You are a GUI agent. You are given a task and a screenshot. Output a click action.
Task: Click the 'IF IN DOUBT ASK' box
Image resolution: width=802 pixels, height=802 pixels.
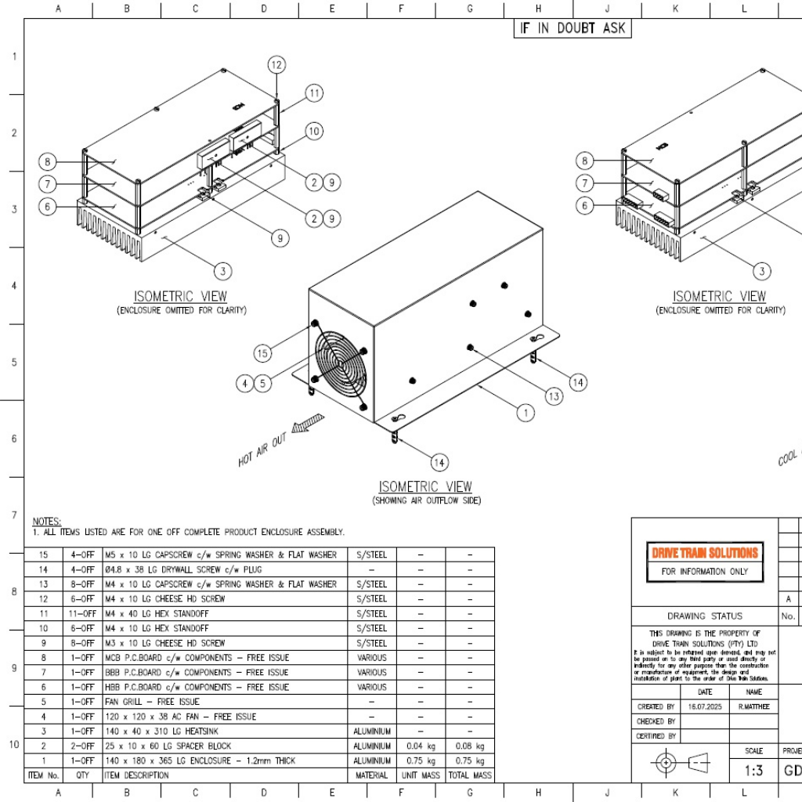(571, 27)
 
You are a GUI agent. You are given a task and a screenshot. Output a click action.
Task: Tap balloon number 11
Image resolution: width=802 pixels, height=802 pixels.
(314, 93)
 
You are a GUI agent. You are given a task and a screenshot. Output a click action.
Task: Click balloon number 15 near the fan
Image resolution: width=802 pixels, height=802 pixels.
(262, 353)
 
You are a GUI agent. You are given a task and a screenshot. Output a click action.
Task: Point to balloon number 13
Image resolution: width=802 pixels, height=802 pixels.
(554, 396)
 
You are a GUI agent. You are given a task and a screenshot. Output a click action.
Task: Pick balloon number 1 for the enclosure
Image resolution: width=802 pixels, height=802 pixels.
(527, 413)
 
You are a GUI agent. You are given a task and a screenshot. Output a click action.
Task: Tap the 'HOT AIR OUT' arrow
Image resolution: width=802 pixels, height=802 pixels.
(307, 425)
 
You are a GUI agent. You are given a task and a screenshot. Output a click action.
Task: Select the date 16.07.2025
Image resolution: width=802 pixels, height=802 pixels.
(705, 706)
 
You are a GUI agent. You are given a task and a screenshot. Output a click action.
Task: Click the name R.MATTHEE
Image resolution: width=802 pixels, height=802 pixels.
(753, 706)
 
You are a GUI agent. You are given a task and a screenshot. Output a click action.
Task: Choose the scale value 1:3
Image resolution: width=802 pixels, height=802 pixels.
(753, 771)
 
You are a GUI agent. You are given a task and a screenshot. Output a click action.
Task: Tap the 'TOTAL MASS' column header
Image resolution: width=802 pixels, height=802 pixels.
(470, 775)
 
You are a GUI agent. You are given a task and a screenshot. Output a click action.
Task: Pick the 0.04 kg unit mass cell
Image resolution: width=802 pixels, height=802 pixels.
(421, 746)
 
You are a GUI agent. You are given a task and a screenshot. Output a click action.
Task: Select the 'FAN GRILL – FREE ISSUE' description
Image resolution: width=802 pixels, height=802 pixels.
(152, 702)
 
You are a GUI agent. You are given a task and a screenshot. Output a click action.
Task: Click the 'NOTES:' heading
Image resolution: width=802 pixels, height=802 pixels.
(46, 521)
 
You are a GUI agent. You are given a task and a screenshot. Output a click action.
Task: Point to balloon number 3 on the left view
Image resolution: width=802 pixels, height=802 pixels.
(223, 271)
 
